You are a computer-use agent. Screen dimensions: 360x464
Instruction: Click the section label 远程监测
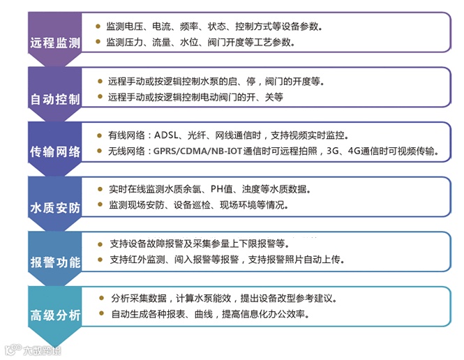(55, 43)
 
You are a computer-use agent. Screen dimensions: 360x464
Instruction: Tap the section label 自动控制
(55, 98)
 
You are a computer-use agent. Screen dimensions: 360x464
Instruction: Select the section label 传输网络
(55, 152)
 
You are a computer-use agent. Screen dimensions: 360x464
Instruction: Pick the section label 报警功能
(55, 262)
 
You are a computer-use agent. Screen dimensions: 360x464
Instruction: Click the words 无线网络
(128, 151)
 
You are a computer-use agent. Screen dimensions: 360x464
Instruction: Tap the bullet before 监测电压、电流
(99, 27)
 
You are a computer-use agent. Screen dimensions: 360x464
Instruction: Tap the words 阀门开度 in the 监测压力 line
(227, 42)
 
